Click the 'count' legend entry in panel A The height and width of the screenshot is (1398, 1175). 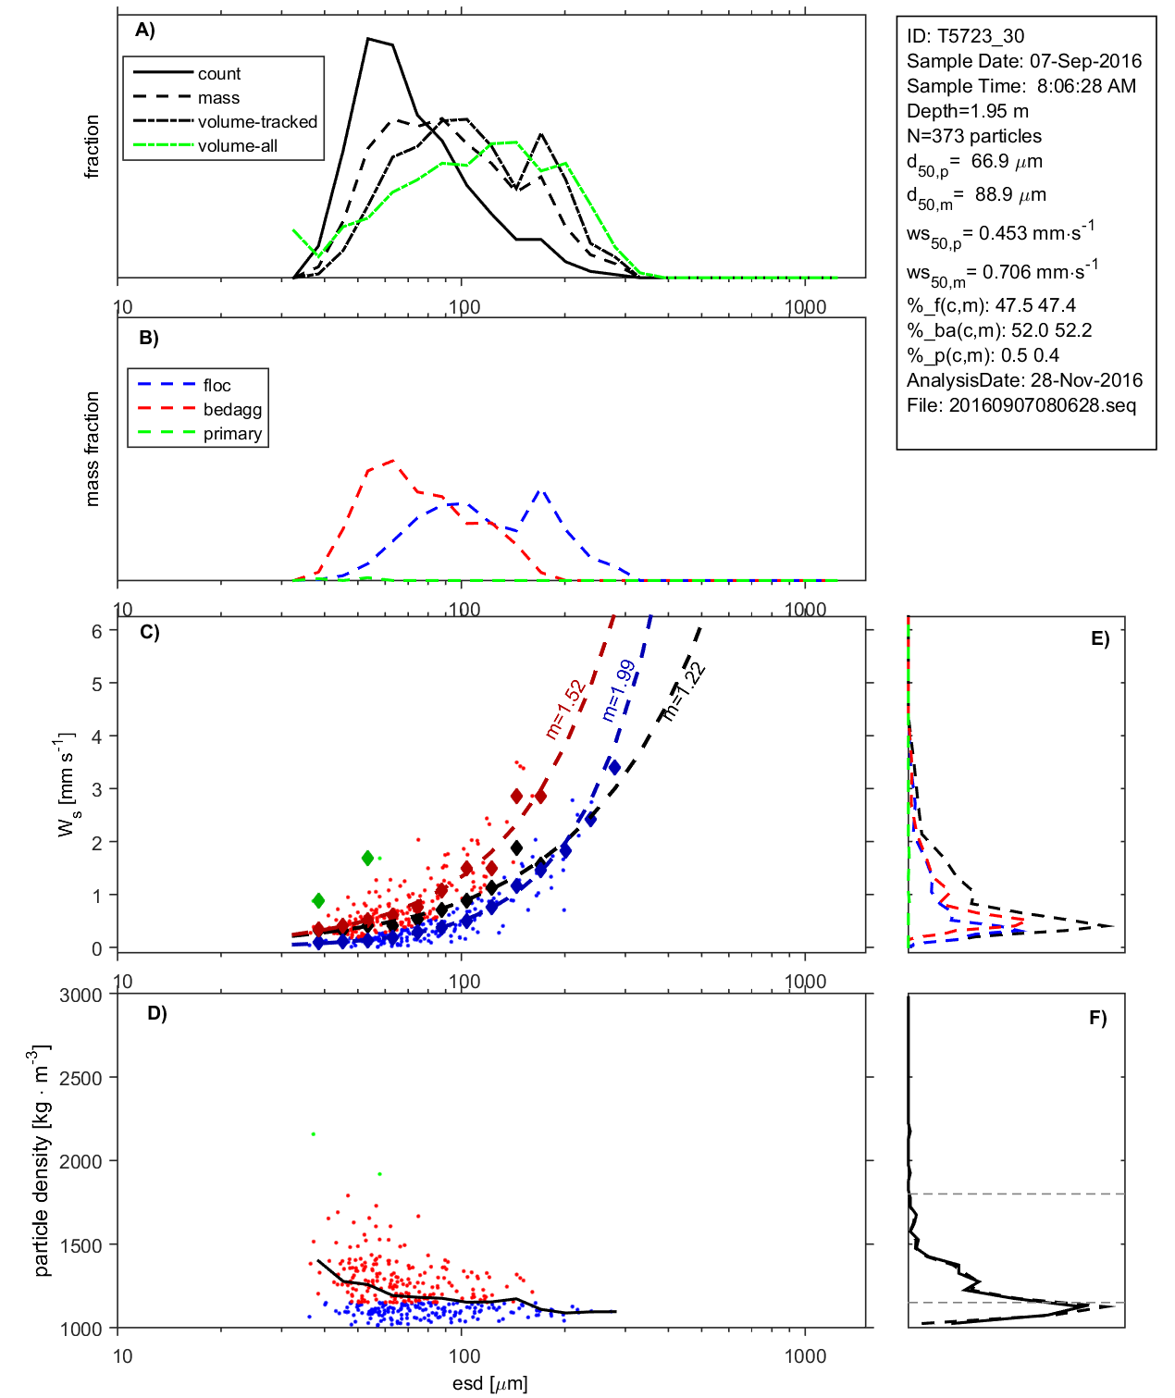[x=218, y=74]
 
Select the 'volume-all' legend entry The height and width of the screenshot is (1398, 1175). [x=237, y=146]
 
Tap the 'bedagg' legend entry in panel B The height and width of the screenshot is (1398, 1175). [x=232, y=410]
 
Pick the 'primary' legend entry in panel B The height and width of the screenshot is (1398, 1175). [x=232, y=434]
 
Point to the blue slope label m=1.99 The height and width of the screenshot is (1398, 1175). [x=618, y=690]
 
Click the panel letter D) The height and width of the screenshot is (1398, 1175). [x=157, y=1013]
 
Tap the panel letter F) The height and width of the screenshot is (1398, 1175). [x=1098, y=1018]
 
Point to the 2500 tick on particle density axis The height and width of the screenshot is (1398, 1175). [x=80, y=1078]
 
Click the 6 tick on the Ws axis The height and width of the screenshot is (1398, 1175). [x=97, y=631]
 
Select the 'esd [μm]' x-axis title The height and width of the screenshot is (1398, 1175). [x=489, y=1383]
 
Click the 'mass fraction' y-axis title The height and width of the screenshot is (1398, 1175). [x=93, y=449]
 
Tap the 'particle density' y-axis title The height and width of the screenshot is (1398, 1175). [x=41, y=1161]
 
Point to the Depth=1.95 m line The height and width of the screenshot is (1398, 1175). [x=967, y=111]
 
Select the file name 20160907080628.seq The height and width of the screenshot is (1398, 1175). [x=1042, y=405]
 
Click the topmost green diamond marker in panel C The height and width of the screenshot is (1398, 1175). [x=367, y=859]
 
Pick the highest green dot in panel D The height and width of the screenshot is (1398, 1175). [x=314, y=1133]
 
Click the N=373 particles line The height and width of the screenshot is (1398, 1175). [x=973, y=136]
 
